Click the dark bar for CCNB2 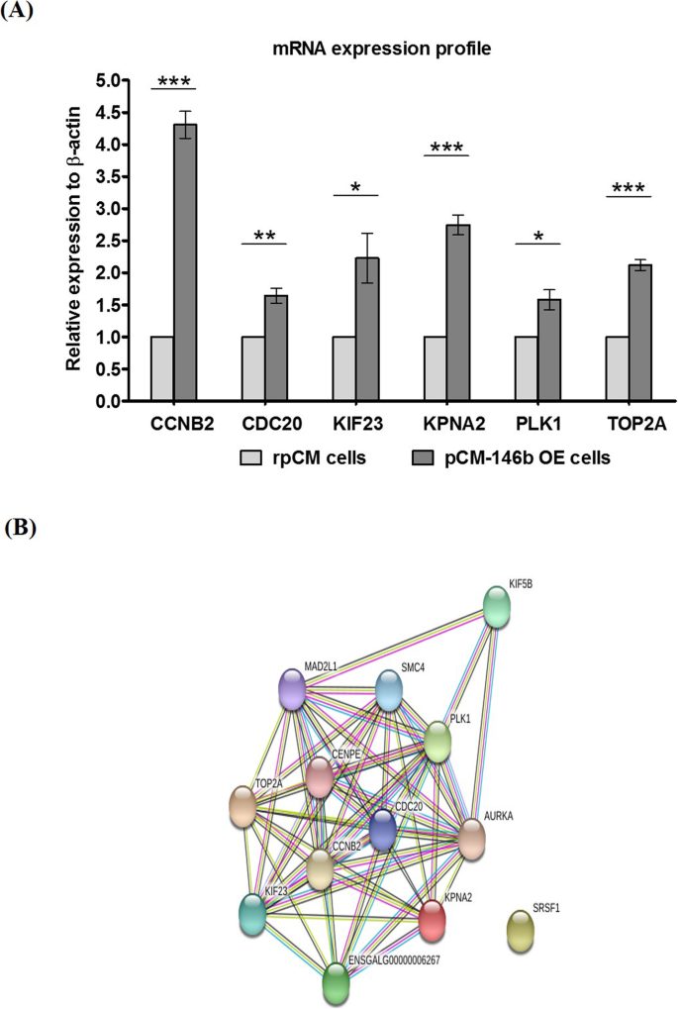coord(185,262)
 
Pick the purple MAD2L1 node coord(292,689)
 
